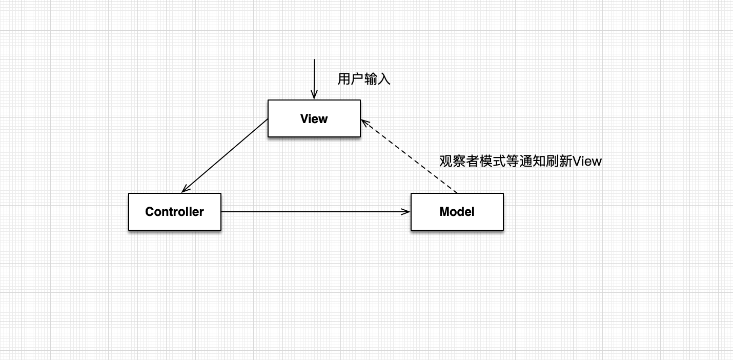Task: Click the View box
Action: (314, 118)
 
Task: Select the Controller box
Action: (174, 212)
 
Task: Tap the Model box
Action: (457, 212)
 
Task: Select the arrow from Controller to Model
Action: (315, 212)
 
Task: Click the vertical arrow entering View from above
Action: (314, 77)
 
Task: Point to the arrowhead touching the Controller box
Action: (186, 189)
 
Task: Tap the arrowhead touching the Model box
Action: (406, 212)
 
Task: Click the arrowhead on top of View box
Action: (314, 95)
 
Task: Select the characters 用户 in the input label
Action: (351, 79)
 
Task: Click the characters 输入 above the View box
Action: (377, 79)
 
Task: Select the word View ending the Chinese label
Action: (587, 161)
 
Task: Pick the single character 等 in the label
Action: (512, 161)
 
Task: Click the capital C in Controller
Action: (150, 212)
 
